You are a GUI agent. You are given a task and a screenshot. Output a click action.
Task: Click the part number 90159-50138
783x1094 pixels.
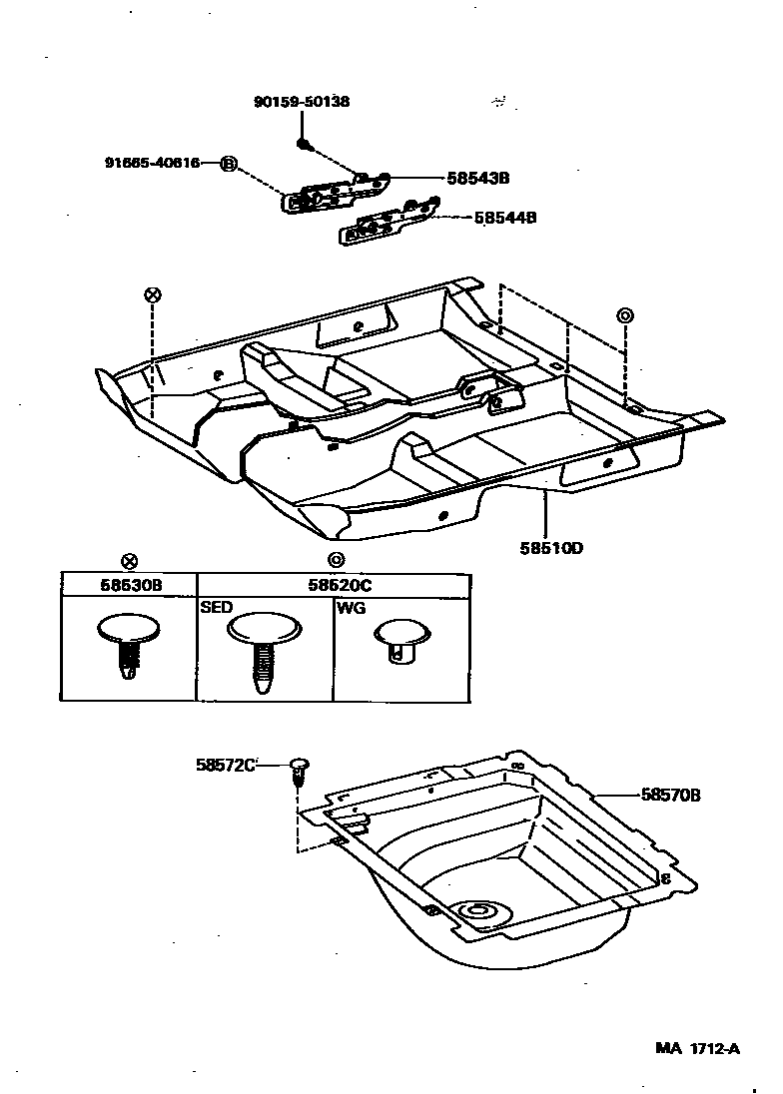(x=301, y=102)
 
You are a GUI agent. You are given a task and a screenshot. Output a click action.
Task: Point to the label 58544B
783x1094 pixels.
(x=506, y=216)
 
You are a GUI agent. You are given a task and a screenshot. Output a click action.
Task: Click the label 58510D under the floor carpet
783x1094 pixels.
(x=551, y=548)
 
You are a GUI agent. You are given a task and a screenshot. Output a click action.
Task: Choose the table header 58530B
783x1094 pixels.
(x=129, y=585)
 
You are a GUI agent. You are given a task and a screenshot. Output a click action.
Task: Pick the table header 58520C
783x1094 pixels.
(x=334, y=585)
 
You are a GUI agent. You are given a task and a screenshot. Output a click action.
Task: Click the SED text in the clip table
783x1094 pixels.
(x=214, y=607)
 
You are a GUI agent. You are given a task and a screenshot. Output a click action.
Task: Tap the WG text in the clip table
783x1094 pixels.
(x=350, y=607)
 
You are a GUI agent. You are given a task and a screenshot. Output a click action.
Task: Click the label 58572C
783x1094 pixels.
(x=226, y=765)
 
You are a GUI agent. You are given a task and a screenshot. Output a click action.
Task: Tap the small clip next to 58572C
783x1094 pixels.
(x=297, y=770)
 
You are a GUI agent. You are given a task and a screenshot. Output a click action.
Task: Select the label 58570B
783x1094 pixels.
(x=670, y=796)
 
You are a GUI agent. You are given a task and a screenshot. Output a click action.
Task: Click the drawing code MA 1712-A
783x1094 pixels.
(x=697, y=1048)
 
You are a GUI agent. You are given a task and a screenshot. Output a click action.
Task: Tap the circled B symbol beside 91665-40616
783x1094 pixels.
(x=228, y=164)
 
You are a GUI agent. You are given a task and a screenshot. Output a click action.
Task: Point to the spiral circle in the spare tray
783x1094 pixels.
(x=476, y=911)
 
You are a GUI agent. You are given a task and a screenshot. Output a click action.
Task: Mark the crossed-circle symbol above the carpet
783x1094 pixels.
(x=152, y=294)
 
